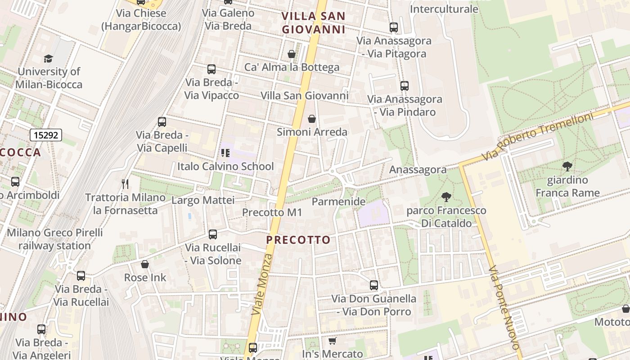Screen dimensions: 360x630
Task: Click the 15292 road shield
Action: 46,135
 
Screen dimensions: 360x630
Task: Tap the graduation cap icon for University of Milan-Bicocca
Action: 48,58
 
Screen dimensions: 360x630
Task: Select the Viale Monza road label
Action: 262,284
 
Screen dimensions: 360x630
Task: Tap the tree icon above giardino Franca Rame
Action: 567,166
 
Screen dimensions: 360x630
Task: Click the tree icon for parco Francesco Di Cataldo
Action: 446,197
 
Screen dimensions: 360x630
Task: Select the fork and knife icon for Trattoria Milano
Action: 125,184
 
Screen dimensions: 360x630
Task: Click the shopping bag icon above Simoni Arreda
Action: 311,119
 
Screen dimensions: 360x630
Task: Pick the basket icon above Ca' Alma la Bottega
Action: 292,54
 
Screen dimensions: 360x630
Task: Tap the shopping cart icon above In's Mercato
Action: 332,341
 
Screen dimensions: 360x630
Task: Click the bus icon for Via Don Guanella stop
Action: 373,285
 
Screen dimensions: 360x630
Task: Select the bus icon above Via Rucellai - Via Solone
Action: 213,234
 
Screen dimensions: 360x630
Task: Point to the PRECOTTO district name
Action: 298,240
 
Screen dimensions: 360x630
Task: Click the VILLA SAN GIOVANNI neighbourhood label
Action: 314,23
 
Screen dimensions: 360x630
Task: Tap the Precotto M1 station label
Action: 272,212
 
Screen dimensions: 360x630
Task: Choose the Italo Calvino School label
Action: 225,166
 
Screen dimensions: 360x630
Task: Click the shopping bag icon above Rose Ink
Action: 145,264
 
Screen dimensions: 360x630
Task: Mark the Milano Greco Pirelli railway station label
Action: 54,239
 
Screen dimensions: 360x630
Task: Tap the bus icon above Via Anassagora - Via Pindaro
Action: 404,85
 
